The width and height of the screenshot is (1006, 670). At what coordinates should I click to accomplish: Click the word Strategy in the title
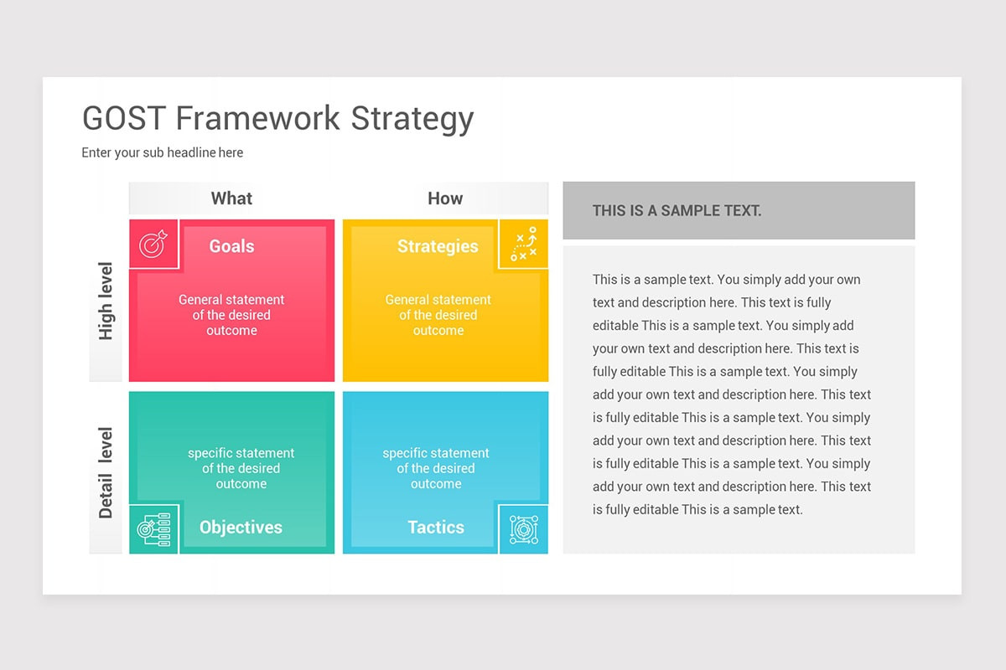pyautogui.click(x=412, y=119)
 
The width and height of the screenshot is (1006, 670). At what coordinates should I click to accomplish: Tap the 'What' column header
pyautogui.click(x=231, y=198)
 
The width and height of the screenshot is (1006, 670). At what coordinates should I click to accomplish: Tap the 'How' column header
pyautogui.click(x=445, y=198)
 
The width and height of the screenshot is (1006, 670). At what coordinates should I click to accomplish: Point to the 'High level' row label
pyautogui.click(x=106, y=301)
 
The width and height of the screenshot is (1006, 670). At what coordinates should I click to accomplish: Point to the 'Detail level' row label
pyautogui.click(x=106, y=472)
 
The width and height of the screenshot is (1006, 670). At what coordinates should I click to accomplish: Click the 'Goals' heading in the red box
pyautogui.click(x=231, y=246)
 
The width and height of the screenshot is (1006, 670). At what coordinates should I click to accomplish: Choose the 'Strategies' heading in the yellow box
pyautogui.click(x=438, y=246)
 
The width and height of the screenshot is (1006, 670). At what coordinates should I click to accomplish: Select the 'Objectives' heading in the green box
pyautogui.click(x=241, y=528)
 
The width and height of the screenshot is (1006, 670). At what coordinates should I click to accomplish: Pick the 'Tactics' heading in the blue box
pyautogui.click(x=436, y=528)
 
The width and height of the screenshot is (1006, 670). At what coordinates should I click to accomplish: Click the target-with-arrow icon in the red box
pyautogui.click(x=153, y=245)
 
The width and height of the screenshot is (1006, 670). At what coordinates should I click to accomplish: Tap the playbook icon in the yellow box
pyautogui.click(x=523, y=245)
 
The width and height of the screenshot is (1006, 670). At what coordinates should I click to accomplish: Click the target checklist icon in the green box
pyautogui.click(x=153, y=529)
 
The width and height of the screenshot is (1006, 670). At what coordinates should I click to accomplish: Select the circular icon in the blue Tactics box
pyautogui.click(x=523, y=529)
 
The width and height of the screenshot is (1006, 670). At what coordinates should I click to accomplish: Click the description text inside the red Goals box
pyautogui.click(x=231, y=315)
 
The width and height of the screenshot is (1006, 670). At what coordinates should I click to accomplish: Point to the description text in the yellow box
pyautogui.click(x=438, y=315)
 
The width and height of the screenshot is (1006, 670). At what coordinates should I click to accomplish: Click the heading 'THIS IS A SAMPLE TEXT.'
pyautogui.click(x=677, y=211)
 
